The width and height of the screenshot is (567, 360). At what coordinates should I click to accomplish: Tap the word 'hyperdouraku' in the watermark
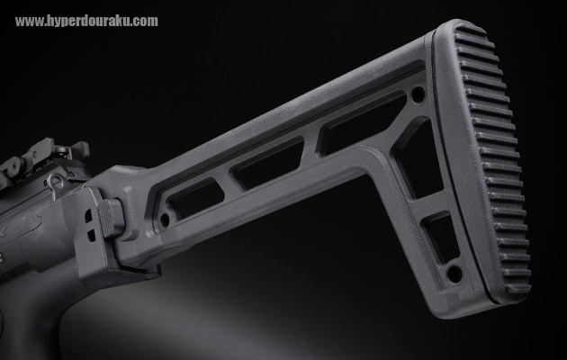click(89, 21)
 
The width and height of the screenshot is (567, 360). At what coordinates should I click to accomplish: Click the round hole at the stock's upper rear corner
click(418, 94)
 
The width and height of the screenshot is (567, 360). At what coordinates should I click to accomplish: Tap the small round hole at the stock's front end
click(165, 220)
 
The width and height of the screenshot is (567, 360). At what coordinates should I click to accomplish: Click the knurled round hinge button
click(112, 218)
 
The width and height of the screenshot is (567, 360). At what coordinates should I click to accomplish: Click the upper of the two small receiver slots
click(88, 216)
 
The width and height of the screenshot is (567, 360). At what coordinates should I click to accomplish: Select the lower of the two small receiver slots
click(92, 236)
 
